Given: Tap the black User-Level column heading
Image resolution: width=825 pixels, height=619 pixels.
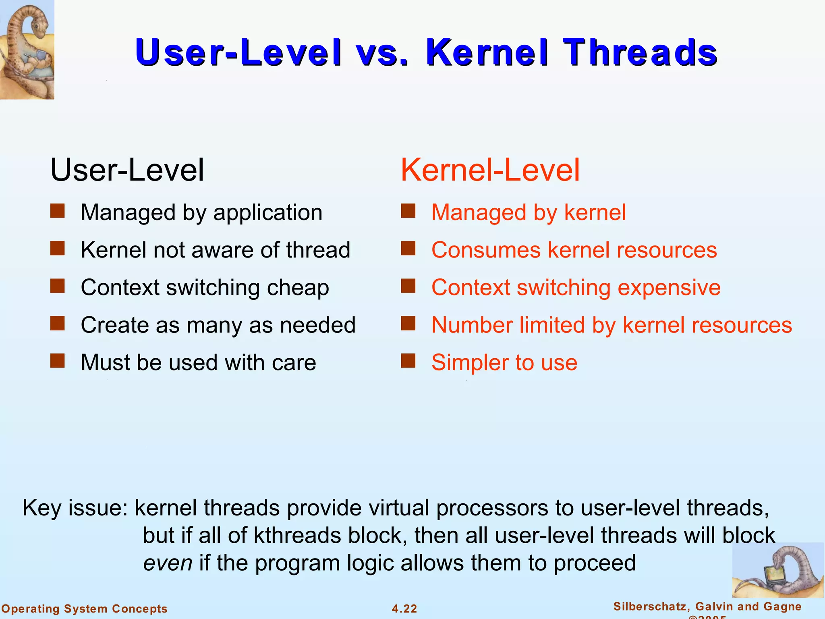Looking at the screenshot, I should click(x=127, y=170).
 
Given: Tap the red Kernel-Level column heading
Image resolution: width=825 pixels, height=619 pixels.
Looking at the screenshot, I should click(x=490, y=170).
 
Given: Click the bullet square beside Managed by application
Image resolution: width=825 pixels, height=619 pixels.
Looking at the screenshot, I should click(x=58, y=211).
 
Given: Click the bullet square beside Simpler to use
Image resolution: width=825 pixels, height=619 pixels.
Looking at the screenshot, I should click(x=408, y=361).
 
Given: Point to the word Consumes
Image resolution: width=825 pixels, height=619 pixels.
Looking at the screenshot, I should click(x=485, y=250).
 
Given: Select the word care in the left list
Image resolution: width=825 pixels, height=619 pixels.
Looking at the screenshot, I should click(x=294, y=362).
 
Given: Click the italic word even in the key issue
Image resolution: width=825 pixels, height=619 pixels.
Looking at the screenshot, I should click(x=168, y=563).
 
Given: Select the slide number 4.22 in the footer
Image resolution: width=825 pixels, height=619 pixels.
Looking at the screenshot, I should click(x=404, y=609).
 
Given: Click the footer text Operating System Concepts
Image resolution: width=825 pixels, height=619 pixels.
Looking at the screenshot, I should click(x=85, y=609).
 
